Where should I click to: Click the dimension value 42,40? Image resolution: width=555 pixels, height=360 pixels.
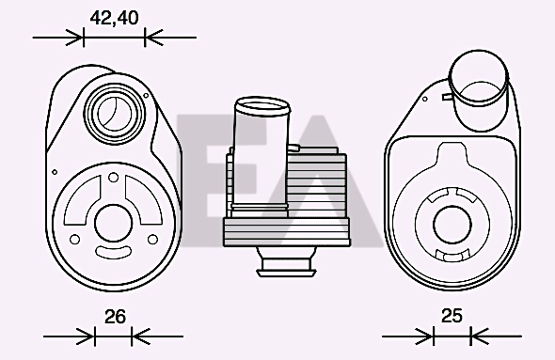(x=114, y=18)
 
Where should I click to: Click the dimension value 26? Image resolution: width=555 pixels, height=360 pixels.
(x=115, y=317)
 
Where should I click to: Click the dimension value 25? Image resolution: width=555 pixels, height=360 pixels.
(x=452, y=316)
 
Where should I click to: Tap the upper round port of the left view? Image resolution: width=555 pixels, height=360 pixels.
(x=115, y=113)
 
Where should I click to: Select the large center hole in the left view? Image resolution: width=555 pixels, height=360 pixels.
(x=113, y=224)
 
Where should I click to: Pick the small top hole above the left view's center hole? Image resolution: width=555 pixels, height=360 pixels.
(x=113, y=177)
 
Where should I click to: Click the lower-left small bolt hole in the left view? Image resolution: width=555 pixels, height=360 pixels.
(x=74, y=240)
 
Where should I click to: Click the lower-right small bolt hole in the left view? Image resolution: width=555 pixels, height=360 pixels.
(x=152, y=240)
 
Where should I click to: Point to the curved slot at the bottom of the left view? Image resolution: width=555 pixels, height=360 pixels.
(x=113, y=251)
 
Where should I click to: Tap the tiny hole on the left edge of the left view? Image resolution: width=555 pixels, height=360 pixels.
(x=55, y=172)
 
